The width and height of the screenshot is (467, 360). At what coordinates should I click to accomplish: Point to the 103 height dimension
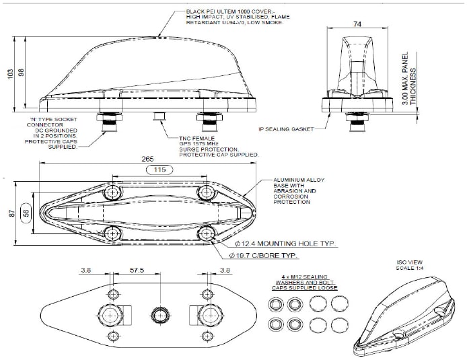click(10, 73)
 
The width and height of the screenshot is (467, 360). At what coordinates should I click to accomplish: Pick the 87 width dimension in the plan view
click(10, 213)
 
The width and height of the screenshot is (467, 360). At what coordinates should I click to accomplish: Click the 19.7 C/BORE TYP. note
click(266, 256)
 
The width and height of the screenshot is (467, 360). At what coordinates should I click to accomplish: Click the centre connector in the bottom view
click(159, 315)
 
